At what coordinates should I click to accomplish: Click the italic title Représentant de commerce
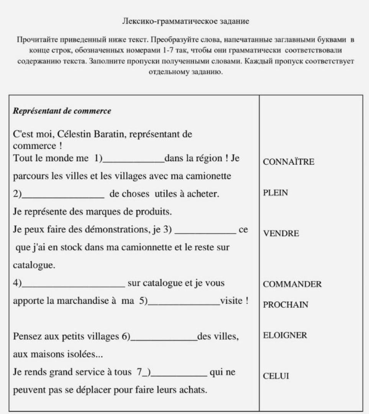pyautogui.click(x=62, y=111)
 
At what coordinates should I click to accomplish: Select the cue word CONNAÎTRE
pyautogui.click(x=289, y=162)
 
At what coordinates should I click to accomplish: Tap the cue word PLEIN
pyautogui.click(x=275, y=193)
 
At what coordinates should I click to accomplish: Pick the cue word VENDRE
pyautogui.click(x=281, y=233)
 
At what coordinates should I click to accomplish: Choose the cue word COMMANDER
pyautogui.click(x=292, y=284)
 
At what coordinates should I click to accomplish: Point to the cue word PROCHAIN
pyautogui.click(x=285, y=305)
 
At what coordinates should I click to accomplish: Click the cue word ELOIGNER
pyautogui.click(x=285, y=335)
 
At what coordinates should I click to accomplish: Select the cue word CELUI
pyautogui.click(x=276, y=376)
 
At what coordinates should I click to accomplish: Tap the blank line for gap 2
pyautogui.click(x=63, y=197)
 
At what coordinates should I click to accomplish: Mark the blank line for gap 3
pyautogui.click(x=207, y=233)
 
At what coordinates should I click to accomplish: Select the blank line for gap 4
pyautogui.click(x=73, y=286)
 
